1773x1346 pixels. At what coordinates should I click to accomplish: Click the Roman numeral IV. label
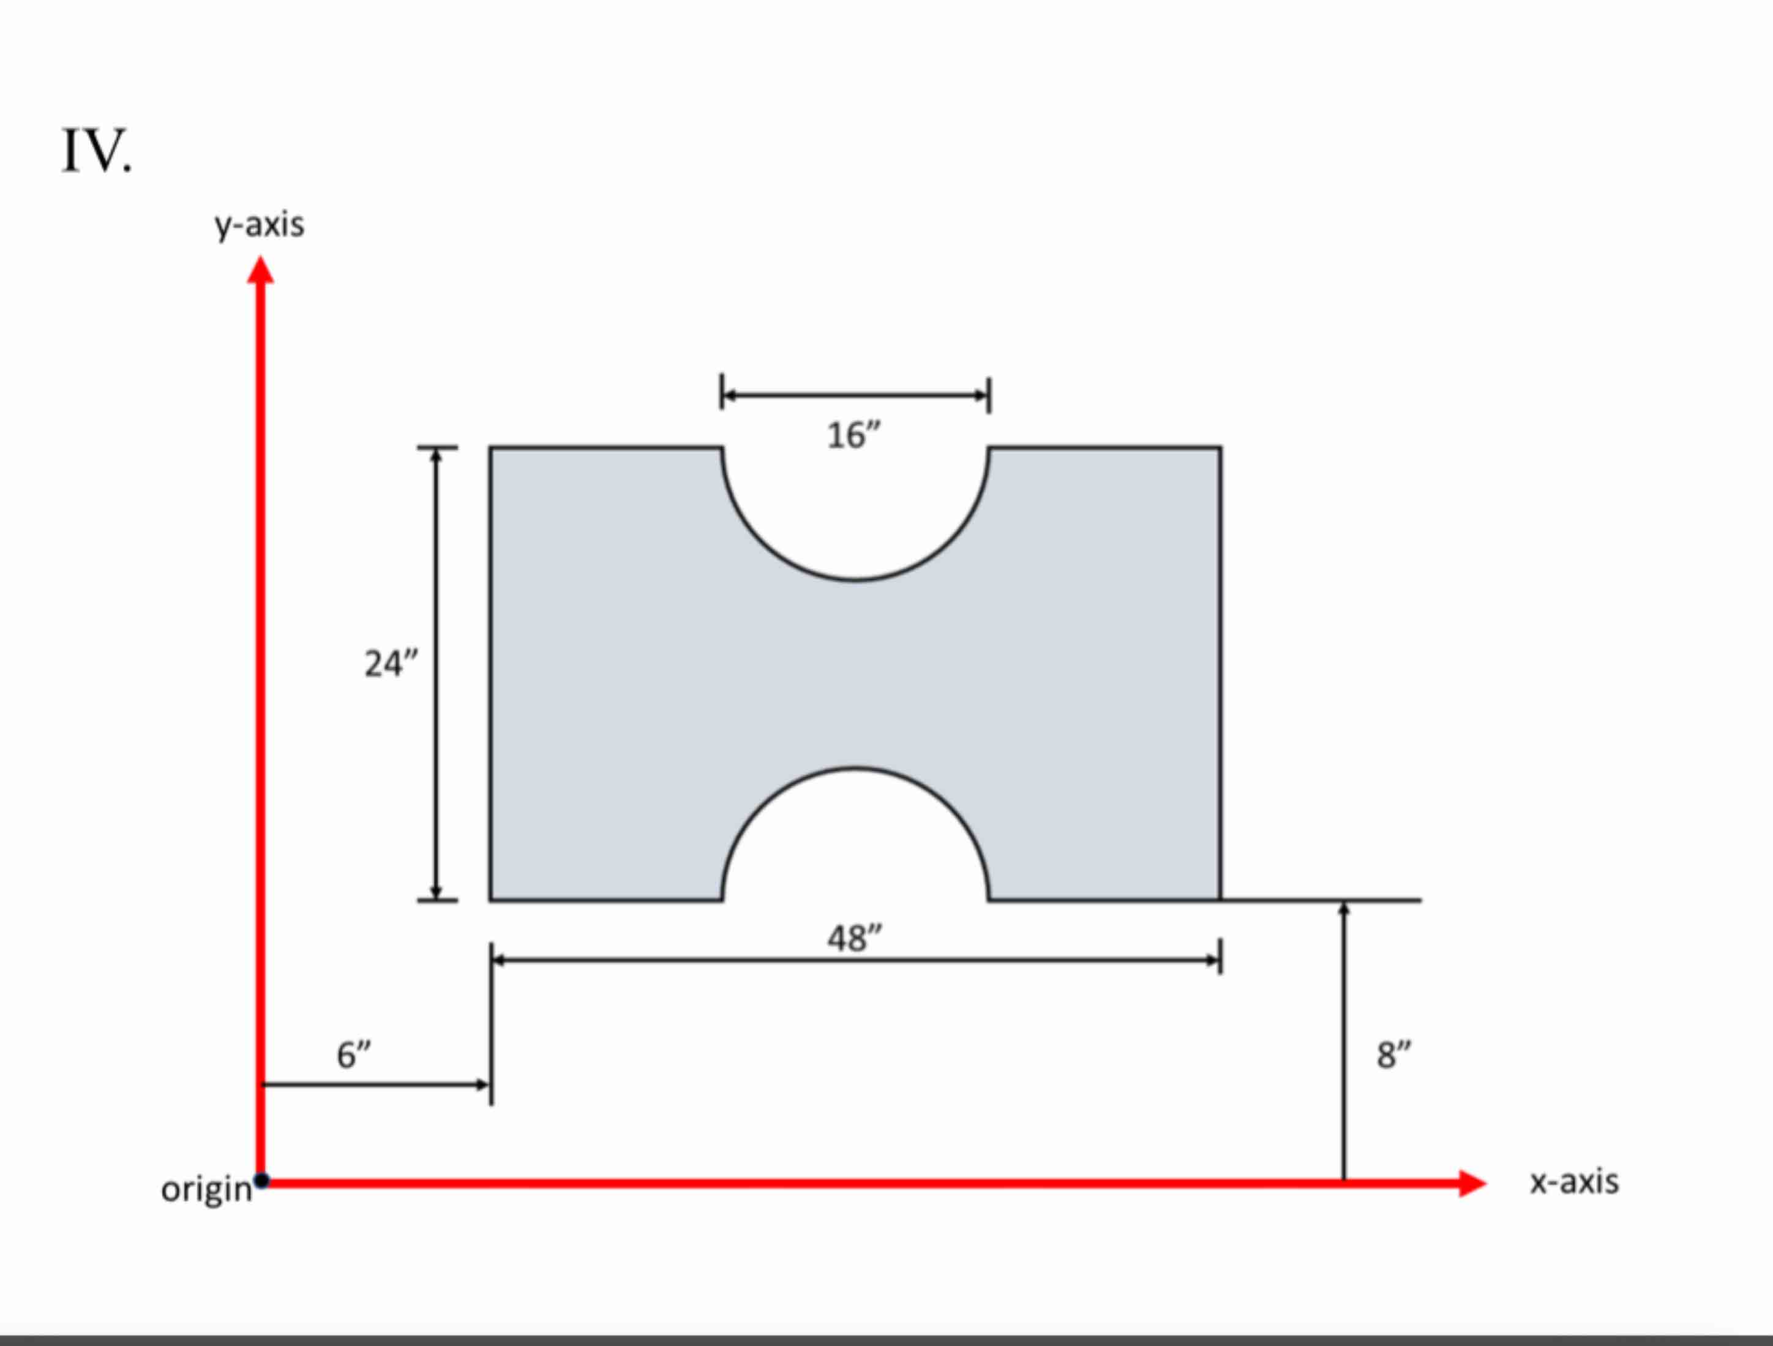[96, 151]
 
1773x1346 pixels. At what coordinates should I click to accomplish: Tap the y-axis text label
[259, 225]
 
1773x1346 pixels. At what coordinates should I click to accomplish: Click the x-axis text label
[1573, 1182]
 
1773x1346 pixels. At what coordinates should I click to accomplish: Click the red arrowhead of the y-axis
[260, 270]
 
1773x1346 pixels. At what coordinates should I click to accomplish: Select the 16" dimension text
[853, 436]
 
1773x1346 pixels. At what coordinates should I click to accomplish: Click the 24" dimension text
[391, 664]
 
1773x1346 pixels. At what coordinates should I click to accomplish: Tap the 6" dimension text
[353, 1055]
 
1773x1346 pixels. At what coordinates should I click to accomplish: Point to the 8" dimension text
[1394, 1055]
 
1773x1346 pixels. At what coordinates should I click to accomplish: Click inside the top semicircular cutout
[855, 505]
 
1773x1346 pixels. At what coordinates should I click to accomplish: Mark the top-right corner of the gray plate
[1220, 448]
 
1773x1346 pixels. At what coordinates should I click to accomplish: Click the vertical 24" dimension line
[436, 721]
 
